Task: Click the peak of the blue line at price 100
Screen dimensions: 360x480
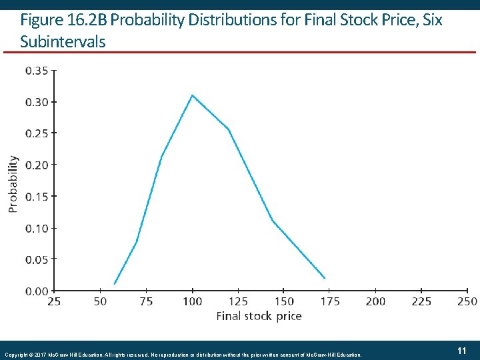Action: pyautogui.click(x=193, y=95)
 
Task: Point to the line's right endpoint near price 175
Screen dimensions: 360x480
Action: pyautogui.click(x=325, y=278)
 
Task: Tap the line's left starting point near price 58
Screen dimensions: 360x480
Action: pyautogui.click(x=115, y=284)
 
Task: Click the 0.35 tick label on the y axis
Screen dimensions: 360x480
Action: pyautogui.click(x=37, y=70)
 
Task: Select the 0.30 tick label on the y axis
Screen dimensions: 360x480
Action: pyautogui.click(x=37, y=102)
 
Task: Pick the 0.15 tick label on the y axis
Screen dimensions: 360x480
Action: pyautogui.click(x=37, y=196)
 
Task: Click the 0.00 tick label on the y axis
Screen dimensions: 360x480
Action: pyautogui.click(x=37, y=291)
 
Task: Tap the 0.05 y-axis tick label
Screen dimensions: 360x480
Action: pyautogui.click(x=37, y=259)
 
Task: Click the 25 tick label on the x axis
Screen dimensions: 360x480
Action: pyautogui.click(x=54, y=301)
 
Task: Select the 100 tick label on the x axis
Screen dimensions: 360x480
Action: pyautogui.click(x=192, y=301)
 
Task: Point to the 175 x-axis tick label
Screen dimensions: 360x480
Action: pyautogui.click(x=329, y=301)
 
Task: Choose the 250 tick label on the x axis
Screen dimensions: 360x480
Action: pyautogui.click(x=468, y=301)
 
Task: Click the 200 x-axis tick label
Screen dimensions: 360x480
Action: pyautogui.click(x=375, y=301)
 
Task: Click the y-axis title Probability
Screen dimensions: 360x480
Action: pyautogui.click(x=13, y=184)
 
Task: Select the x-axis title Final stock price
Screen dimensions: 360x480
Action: pyautogui.click(x=259, y=316)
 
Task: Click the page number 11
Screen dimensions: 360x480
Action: pyautogui.click(x=461, y=351)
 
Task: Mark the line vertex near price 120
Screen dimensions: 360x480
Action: pyautogui.click(x=228, y=129)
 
